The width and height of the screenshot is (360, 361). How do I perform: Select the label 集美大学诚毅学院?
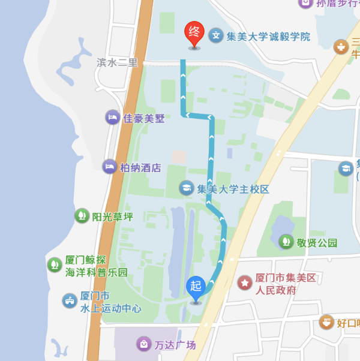pos(268,37)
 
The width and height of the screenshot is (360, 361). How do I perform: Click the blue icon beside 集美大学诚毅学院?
pos(215,35)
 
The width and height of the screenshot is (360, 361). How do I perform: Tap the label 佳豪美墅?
pos(144,118)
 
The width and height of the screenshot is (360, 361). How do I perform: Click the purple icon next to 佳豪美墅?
pos(112,117)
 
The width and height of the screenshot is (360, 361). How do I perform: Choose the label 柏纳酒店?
pos(140,168)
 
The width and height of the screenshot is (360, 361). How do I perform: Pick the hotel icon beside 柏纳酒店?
pos(109,167)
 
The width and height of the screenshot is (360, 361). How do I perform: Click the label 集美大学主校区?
pos(233,189)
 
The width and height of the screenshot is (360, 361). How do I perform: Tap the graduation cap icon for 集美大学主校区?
pos(187,188)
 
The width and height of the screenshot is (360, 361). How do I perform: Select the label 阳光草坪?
pos(113,216)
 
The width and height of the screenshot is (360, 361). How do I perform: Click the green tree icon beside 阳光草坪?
pos(82,216)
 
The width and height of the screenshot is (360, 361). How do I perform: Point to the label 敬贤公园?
pos(317,243)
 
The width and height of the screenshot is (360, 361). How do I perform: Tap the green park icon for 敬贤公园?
pos(286,242)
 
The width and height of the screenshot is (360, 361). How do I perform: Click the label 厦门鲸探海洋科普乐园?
pos(96,266)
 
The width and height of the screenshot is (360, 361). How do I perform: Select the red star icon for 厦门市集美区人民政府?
pos(245,282)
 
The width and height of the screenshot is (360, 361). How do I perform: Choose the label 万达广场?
pos(175,345)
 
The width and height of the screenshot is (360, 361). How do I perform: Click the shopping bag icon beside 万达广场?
pos(144,344)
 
